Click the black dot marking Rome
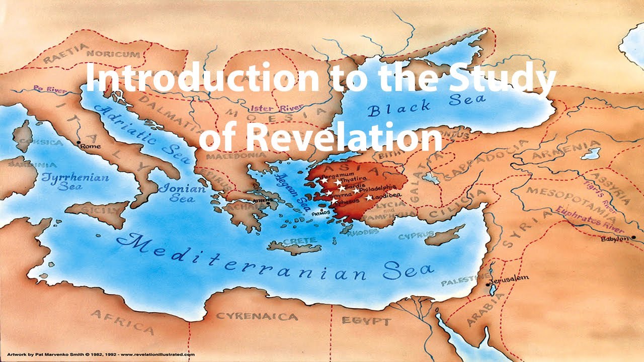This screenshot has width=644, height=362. pos(78,143)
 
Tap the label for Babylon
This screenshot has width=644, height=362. pos(615,239)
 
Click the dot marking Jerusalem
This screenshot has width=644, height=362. pos(488,285)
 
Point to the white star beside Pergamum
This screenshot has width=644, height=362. pos(325,179)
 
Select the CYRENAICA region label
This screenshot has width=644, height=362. pos(256,316)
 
